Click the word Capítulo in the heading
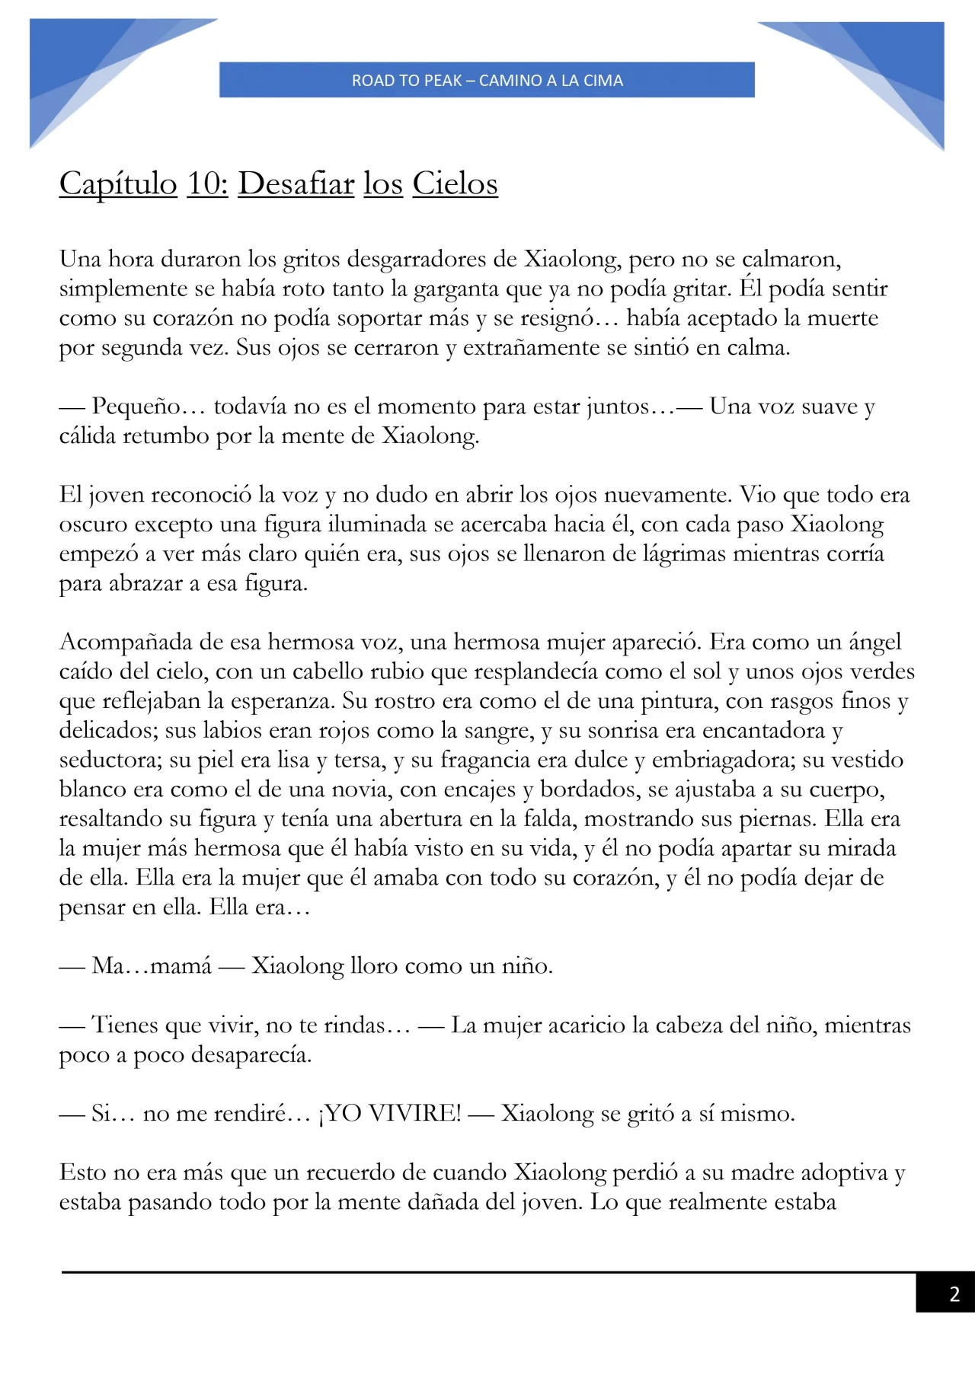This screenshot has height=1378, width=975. [118, 183]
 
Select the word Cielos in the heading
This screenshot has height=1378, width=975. [455, 183]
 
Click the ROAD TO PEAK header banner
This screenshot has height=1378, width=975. [487, 80]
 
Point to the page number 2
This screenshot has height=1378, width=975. [954, 1293]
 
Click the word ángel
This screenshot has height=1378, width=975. [875, 642]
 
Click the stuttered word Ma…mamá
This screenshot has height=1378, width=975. [152, 966]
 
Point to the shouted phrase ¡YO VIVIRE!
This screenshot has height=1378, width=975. [390, 1114]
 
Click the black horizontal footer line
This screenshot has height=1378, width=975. [487, 1272]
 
